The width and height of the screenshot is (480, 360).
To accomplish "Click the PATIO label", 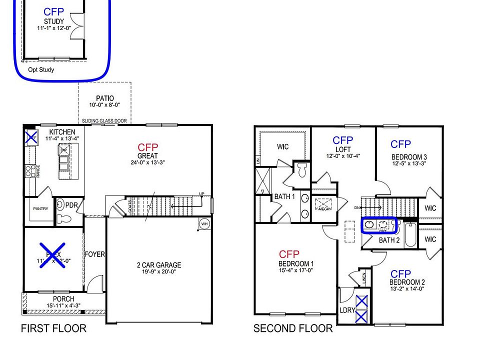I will click(x=104, y=98).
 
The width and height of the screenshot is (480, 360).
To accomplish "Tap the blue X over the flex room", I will click(x=53, y=256).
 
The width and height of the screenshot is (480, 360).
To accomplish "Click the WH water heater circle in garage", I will click(x=203, y=223).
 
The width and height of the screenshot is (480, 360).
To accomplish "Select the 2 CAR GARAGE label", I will click(x=159, y=265).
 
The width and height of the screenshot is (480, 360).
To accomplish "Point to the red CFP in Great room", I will click(x=148, y=147).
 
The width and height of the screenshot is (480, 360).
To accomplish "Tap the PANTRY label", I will click(x=41, y=209).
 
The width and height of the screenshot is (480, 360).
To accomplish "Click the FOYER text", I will click(x=94, y=254).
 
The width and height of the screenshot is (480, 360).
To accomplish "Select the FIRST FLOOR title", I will click(x=53, y=328).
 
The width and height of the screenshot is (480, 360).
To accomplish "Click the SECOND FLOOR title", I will click(x=292, y=328).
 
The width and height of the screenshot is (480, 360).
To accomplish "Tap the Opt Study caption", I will click(x=41, y=70).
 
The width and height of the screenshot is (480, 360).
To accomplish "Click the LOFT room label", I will click(x=343, y=149).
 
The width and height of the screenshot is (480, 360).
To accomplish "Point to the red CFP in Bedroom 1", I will click(x=289, y=254).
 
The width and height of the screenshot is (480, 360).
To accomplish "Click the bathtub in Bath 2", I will click(x=410, y=235).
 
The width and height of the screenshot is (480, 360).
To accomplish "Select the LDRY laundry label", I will click(x=347, y=310).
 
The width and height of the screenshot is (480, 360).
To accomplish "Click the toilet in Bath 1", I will click(x=301, y=170).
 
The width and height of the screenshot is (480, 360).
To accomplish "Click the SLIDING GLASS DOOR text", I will click(x=104, y=121).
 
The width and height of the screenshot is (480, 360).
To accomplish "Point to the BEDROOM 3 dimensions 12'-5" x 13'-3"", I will click(x=408, y=163).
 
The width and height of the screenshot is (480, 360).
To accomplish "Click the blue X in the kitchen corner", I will click(x=31, y=136).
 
